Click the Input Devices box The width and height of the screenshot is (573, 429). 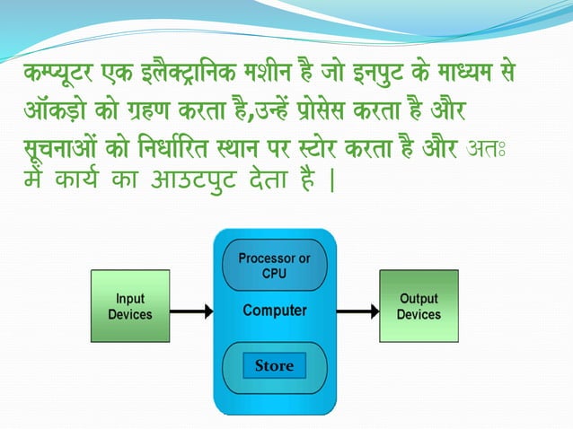coord(130,306)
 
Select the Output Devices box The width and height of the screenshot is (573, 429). coord(419,306)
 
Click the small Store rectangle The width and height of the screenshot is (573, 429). coord(274,366)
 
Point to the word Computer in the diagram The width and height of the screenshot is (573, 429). coord(274,311)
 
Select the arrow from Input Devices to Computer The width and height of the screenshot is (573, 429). coord(190,311)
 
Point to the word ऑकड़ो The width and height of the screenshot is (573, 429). coord(61,114)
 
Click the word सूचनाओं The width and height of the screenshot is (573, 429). coord(66,148)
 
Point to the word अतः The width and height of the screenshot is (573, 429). coord(494,148)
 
